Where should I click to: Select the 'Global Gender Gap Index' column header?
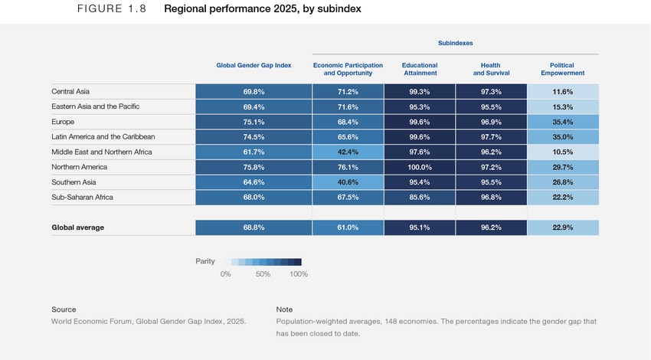254,65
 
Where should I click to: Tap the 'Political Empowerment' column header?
562,70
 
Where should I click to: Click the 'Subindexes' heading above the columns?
455,44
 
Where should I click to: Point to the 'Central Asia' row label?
70,92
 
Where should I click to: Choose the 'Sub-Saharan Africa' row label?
83,198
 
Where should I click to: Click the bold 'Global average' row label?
77,227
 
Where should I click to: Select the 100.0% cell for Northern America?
420,167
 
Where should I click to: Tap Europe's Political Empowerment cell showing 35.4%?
562,122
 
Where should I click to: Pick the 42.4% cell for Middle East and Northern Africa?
348,152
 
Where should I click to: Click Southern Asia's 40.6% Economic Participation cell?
348,182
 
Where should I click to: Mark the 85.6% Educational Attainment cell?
420,198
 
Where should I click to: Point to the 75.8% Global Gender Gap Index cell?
254,167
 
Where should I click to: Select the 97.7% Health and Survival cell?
491,137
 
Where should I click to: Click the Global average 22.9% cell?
562,227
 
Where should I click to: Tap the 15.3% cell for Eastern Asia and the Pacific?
562,106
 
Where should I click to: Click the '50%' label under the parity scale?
263,274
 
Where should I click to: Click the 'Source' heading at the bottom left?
64,309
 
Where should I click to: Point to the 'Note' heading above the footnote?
284,309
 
